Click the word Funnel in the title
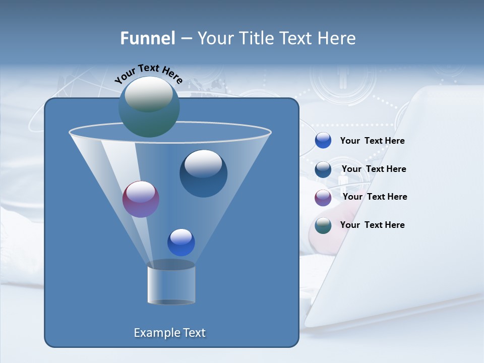[147, 38]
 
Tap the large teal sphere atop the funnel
[149, 106]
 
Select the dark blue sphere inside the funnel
[203, 173]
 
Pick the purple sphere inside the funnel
[141, 199]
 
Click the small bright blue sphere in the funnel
[181, 242]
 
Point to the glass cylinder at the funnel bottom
[171, 283]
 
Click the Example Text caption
[169, 333]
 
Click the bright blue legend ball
[323, 141]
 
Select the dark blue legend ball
[323, 169]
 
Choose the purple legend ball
[323, 198]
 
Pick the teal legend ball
[323, 225]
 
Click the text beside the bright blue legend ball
[372, 141]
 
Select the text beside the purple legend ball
[375, 197]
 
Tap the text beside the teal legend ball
[372, 225]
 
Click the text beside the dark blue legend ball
[374, 169]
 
